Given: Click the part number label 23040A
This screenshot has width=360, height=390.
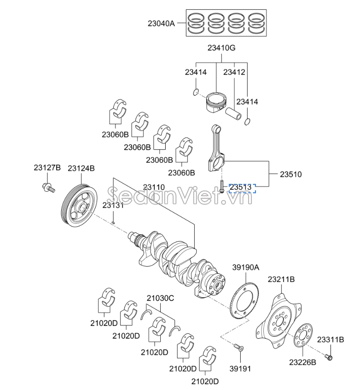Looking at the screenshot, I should pos(161,23).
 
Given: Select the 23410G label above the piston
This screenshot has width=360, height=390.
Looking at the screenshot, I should pos(221,48).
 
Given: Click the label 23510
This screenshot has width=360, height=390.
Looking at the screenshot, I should pos(291,174).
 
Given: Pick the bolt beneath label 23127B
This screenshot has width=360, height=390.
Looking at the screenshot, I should pos(47,187).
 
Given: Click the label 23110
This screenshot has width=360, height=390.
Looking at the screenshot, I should pos(154,187).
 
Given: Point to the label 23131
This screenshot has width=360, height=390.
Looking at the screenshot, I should pos(113,205).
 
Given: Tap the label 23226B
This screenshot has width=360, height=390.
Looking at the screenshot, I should pos(302,362).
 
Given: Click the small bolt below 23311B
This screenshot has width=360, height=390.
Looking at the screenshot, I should pos(329,356).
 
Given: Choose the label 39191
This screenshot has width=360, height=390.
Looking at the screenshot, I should pos(240,368).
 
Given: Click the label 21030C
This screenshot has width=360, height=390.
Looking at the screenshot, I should pos(160,298).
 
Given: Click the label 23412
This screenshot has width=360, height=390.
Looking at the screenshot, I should pos(234,72).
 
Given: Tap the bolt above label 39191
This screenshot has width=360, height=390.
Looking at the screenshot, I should pos(237,348).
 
